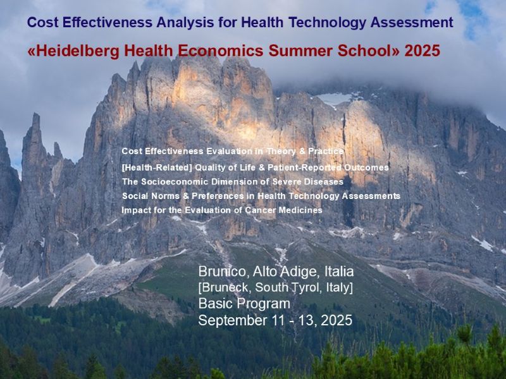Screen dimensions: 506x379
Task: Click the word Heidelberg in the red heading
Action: [77, 51]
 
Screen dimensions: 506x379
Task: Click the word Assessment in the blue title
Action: [412, 23]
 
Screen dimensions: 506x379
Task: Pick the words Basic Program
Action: [244, 304]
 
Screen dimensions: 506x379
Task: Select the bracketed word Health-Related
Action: [157, 168]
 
